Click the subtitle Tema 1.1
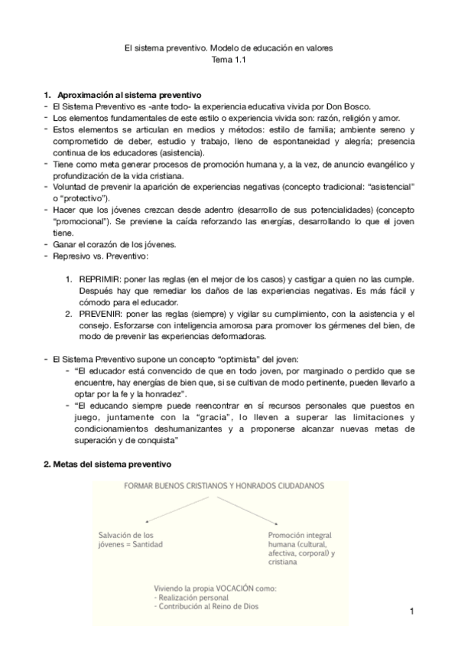(x=229, y=59)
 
